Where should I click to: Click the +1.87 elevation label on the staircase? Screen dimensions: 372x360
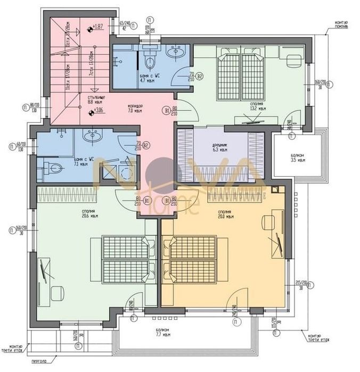(x=97, y=26)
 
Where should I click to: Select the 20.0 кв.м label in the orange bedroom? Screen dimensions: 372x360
(x=226, y=216)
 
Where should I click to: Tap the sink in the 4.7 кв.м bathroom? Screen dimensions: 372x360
(x=175, y=52)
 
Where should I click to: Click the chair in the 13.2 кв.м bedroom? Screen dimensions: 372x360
(x=292, y=60)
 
